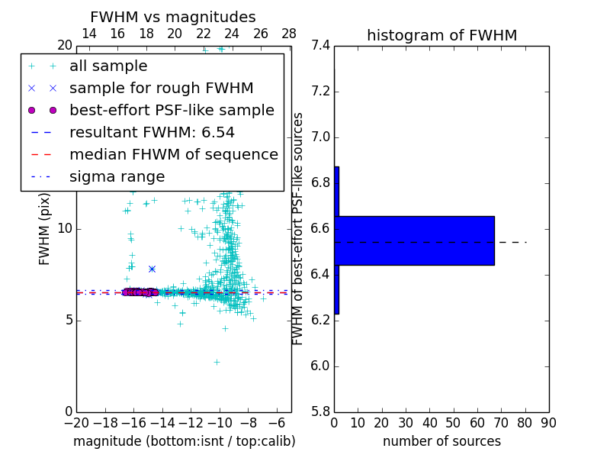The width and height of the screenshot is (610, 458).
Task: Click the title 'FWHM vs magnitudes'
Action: (x=173, y=18)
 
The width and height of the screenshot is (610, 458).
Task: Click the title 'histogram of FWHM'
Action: (x=441, y=35)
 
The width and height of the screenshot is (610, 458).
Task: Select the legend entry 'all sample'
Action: (x=108, y=66)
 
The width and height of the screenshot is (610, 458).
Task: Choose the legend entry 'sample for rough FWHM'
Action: (x=162, y=89)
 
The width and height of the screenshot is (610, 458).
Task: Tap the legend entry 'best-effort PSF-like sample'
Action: (x=172, y=111)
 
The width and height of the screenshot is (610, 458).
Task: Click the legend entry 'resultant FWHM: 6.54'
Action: (x=152, y=133)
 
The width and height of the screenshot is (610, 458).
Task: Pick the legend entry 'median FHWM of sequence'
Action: (x=174, y=155)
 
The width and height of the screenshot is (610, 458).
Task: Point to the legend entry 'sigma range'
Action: (x=117, y=177)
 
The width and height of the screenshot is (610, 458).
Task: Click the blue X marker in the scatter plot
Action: (x=152, y=269)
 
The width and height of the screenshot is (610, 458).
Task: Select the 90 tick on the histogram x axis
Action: (x=548, y=423)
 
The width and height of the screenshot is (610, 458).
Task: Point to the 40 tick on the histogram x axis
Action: (x=429, y=423)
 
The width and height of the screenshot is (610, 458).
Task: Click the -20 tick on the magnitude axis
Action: (x=76, y=423)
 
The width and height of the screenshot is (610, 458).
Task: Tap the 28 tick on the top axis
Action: (x=289, y=34)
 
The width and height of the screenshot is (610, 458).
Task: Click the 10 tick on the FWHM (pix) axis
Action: (x=65, y=229)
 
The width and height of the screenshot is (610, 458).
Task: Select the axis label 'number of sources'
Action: (x=441, y=441)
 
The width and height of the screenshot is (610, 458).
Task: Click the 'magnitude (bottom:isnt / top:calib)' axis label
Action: (x=184, y=441)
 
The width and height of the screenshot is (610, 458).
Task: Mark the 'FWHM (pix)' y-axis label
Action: (x=45, y=228)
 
